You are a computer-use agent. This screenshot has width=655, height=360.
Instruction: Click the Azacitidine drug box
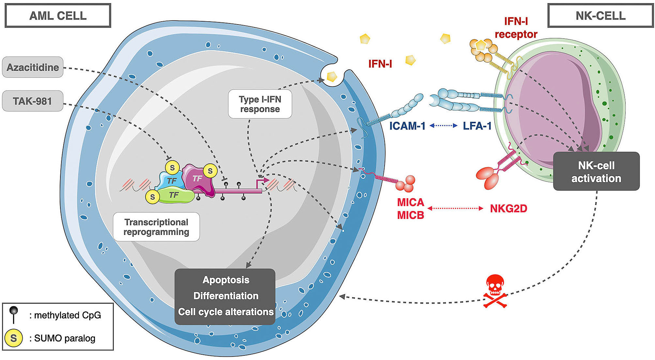[33, 67]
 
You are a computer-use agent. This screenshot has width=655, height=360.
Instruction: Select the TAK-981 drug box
[33, 101]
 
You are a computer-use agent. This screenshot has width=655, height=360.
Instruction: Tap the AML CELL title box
[58, 16]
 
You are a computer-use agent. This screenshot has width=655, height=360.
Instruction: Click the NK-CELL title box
[601, 16]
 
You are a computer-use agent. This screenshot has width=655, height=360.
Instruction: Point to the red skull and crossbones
[495, 290]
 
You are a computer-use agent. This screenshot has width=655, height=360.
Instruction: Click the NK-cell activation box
[596, 172]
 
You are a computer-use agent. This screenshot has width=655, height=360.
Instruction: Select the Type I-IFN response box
[260, 104]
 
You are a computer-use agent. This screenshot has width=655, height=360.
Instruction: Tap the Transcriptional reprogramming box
[156, 227]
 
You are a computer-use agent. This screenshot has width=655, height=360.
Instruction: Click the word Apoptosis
[226, 280]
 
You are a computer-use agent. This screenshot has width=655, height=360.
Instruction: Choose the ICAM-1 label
[407, 126]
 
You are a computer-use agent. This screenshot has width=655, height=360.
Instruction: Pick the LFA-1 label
[477, 126]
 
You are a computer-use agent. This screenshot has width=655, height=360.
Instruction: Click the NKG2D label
[509, 208]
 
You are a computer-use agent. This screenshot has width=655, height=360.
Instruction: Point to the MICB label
[410, 215]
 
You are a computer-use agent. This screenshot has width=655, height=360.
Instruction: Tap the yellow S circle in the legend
[14, 338]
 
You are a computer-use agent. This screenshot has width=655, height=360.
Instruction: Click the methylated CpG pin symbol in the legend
[14, 314]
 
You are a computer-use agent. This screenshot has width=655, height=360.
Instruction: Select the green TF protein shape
[175, 196]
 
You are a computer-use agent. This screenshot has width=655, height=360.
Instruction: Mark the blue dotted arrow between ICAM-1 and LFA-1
[444, 126]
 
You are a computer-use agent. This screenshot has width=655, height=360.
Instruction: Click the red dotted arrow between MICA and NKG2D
[455, 208]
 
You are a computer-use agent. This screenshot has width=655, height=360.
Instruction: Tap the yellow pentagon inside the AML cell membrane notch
[332, 76]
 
